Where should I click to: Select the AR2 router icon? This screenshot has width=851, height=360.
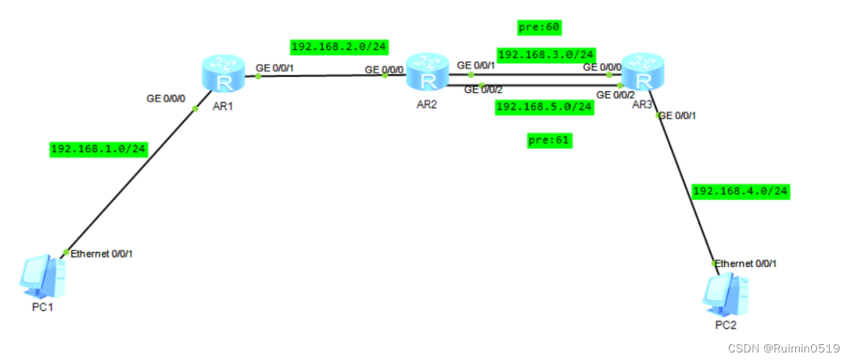tap(428, 75)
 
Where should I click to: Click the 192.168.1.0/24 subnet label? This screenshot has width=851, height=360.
tap(98, 149)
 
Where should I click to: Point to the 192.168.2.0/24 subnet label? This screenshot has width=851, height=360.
tap(339, 47)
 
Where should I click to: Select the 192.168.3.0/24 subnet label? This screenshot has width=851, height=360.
tap(546, 54)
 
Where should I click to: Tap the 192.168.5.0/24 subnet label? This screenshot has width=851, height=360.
tap(544, 107)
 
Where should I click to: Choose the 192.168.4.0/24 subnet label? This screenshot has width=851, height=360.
tap(740, 191)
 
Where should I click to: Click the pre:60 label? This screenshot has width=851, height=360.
tap(540, 28)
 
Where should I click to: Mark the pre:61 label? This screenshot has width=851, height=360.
tap(549, 140)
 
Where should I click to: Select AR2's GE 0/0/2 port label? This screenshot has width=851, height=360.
tap(483, 90)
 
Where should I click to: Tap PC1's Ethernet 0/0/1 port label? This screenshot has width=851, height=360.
tap(102, 253)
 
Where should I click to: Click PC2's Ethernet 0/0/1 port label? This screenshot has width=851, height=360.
tap(745, 263)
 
